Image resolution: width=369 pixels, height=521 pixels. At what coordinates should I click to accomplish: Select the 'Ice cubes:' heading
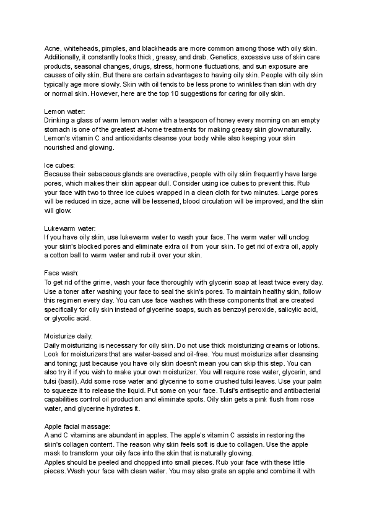coord(59,166)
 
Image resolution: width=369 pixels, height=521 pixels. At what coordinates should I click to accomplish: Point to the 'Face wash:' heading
coord(61,273)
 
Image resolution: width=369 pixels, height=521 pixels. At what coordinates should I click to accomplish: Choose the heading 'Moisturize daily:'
coord(69,335)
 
